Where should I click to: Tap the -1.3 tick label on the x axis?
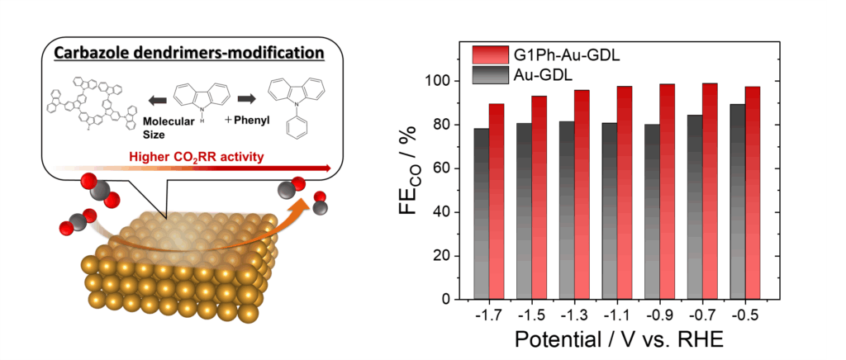(574, 315)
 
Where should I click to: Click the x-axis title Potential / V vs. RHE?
(616, 341)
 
